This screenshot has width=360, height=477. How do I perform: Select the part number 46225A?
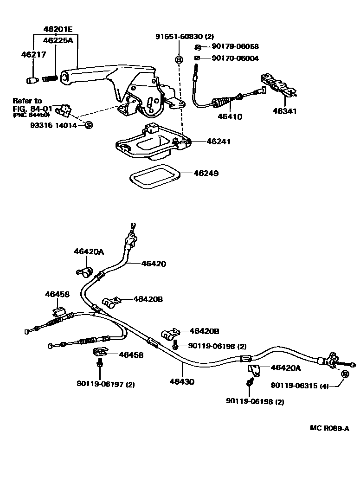[x=58, y=41]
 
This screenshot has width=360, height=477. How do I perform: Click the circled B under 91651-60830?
[x=179, y=59]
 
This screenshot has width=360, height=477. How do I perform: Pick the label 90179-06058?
[x=235, y=46]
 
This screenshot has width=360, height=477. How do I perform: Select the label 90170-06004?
[x=235, y=58]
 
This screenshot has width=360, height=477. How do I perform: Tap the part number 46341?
[x=284, y=111]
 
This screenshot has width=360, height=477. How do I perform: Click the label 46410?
[x=230, y=116]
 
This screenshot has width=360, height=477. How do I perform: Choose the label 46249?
[x=207, y=173]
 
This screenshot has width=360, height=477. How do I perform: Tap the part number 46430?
[x=182, y=382]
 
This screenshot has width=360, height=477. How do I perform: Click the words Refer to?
[x=27, y=101]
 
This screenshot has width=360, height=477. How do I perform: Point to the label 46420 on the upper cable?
[x=153, y=264]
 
